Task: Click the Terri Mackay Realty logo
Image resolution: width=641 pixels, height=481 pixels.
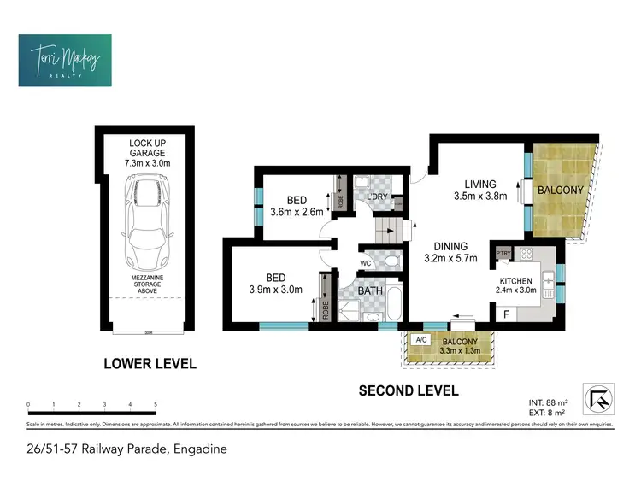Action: click(65, 60)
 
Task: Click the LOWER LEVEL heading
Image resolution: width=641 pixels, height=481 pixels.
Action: click(150, 363)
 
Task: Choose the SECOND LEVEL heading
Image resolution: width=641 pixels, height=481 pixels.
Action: click(408, 391)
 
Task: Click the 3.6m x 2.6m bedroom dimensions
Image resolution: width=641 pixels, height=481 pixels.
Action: click(297, 212)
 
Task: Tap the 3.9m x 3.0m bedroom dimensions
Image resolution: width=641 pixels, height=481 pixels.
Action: click(273, 289)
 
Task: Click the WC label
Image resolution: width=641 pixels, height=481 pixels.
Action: click(365, 262)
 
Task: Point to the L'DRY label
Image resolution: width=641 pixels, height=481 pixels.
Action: click(377, 197)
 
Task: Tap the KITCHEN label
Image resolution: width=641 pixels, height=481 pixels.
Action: click(515, 281)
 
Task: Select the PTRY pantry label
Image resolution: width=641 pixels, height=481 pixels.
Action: click(503, 253)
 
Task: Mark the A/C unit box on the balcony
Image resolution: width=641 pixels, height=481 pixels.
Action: click(420, 339)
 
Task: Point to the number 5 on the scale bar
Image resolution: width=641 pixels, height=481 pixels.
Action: click(156, 404)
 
